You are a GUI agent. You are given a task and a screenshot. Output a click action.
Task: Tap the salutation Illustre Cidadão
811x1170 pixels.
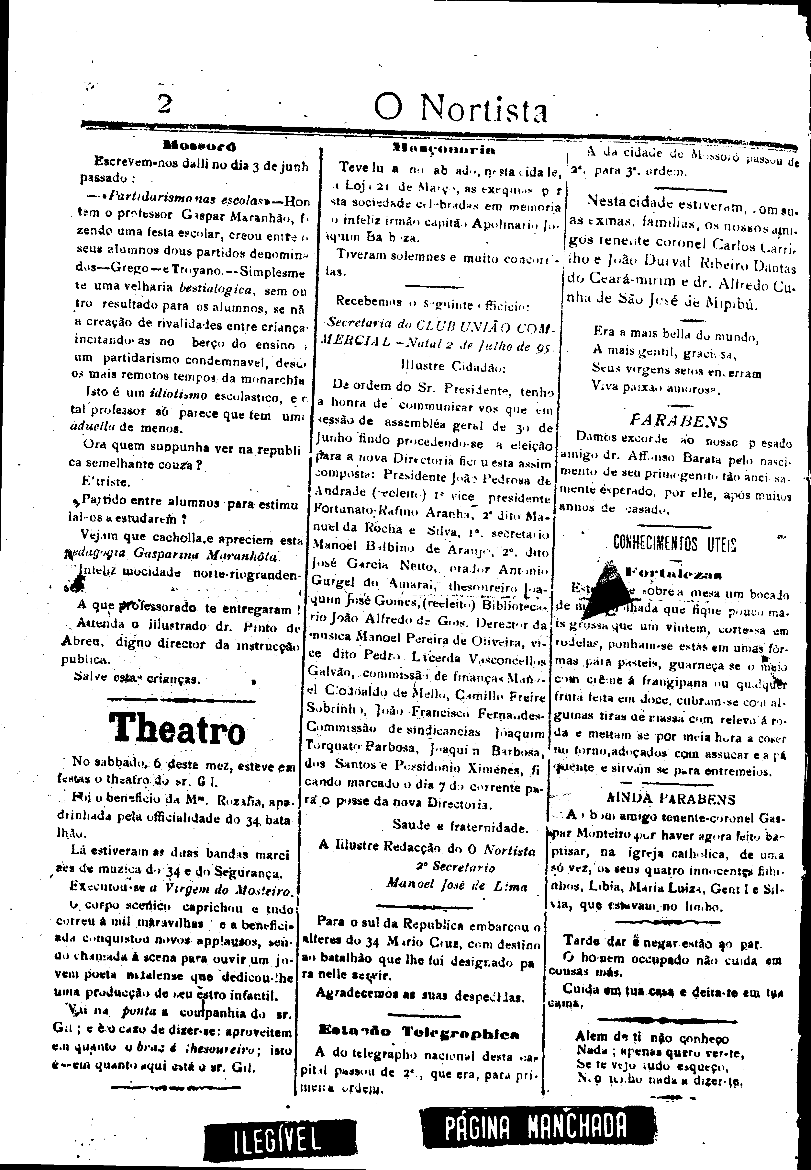coord(451,366)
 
